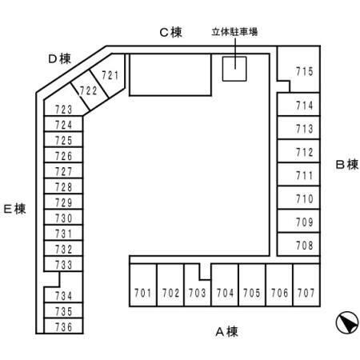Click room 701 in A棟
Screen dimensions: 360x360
(x=143, y=285)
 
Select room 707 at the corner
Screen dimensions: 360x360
(x=306, y=285)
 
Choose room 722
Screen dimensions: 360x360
(x=89, y=91)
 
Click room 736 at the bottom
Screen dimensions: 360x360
(x=63, y=326)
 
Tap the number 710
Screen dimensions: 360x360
(x=305, y=199)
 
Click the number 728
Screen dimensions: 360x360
(x=64, y=187)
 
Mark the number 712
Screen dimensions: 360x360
(x=305, y=153)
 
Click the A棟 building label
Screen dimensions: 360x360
(x=226, y=332)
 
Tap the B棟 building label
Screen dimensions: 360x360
(x=346, y=165)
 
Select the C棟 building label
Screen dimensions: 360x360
(x=170, y=33)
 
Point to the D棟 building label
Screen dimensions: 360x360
(x=60, y=59)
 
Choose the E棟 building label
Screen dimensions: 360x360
(x=15, y=209)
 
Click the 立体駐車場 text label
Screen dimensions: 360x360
(x=234, y=32)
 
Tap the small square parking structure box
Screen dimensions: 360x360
(x=234, y=69)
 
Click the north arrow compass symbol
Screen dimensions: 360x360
(x=347, y=322)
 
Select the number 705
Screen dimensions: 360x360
(x=252, y=293)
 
